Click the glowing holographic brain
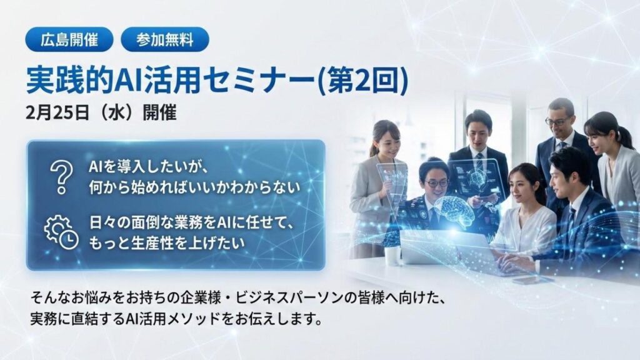tap(455, 209)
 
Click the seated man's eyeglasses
tap(436, 182)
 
